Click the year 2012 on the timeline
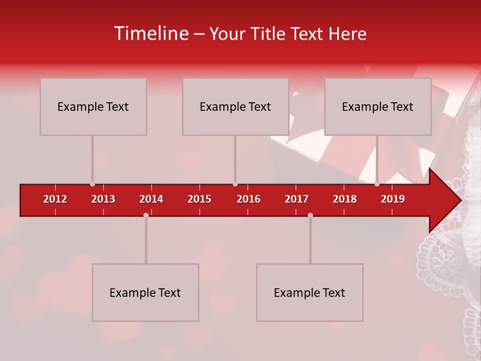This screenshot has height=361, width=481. tap(55, 199)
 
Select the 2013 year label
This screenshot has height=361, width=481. tap(103, 199)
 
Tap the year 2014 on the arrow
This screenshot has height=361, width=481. tap(151, 199)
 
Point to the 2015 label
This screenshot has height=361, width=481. tap(199, 199)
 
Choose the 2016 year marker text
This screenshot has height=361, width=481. tap(249, 199)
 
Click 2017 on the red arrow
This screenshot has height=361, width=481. tap(297, 199)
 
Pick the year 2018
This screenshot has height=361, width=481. tap(345, 199)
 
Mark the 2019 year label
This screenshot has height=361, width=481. tap(393, 199)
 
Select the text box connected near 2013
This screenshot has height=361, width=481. tap(93, 106)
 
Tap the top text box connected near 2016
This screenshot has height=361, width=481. tap(235, 106)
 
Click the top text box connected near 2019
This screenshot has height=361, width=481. tap(378, 106)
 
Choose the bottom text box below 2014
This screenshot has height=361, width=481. tap(145, 293)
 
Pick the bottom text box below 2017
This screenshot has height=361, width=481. tap(310, 293)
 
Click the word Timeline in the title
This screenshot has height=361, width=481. tap(151, 34)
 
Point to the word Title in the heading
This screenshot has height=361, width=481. tap(271, 34)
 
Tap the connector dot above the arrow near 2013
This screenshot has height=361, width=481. tap(93, 184)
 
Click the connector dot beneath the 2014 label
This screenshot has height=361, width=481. tap(146, 215)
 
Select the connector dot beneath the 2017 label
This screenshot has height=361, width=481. tap(310, 215)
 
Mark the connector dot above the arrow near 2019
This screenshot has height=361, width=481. tap(377, 184)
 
